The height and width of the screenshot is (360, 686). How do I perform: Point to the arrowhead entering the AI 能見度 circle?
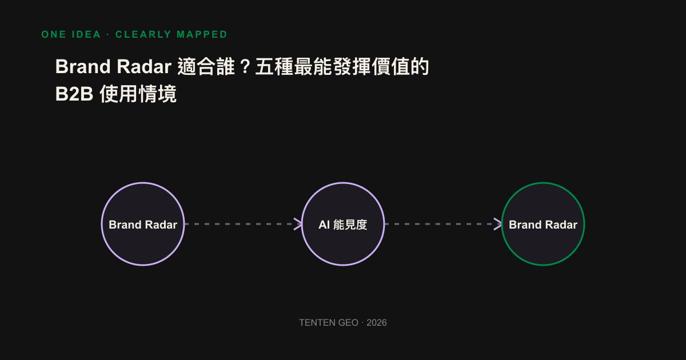(x=298, y=224)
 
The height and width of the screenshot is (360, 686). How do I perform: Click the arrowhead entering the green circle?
(x=498, y=224)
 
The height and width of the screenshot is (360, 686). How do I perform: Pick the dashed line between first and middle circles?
(x=243, y=224)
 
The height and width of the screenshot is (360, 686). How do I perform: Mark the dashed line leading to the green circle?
(x=443, y=224)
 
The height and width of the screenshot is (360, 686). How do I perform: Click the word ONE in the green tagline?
(x=54, y=34)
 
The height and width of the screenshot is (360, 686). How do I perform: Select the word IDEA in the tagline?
(x=86, y=34)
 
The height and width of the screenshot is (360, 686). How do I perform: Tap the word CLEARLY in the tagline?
(x=143, y=34)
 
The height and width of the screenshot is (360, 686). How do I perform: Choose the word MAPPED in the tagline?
(x=202, y=34)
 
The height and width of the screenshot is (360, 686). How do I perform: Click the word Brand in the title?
(x=83, y=66)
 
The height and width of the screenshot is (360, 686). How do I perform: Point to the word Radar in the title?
(x=144, y=66)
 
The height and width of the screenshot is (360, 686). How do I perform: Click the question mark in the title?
(x=245, y=67)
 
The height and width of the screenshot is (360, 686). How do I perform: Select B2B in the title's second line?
(x=74, y=94)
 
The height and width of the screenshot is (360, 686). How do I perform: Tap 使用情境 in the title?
(x=138, y=94)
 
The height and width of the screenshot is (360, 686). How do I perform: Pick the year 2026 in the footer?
(x=377, y=323)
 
